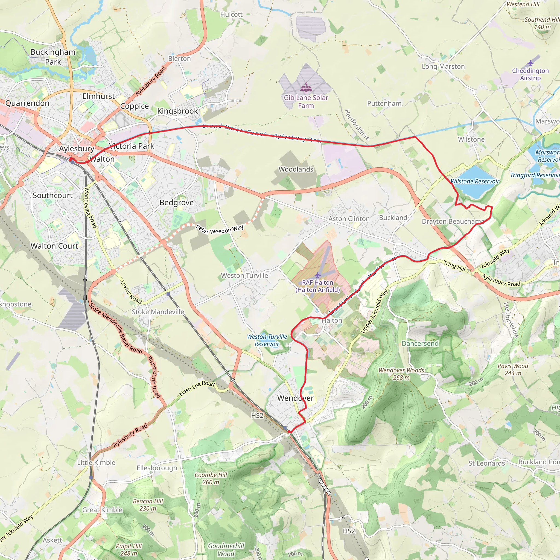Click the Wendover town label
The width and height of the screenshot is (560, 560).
tap(295, 398)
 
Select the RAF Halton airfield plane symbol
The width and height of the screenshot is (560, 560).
tap(318, 275)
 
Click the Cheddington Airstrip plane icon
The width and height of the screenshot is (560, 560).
tap(530, 63)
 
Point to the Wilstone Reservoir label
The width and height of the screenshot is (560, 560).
tap(475, 182)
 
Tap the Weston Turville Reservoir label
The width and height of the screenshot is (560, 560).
tap(267, 340)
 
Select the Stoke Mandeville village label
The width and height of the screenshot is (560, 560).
tap(158, 312)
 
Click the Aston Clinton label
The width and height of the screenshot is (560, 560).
tap(349, 219)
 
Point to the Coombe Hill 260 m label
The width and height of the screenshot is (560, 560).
tap(211, 479)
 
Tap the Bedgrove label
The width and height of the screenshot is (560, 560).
tap(177, 203)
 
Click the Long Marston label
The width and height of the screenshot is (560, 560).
tap(443, 67)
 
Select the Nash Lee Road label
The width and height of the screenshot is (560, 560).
tap(197, 388)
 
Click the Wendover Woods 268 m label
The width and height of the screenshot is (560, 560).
tap(401, 374)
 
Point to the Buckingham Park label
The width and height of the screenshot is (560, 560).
tap(53, 57)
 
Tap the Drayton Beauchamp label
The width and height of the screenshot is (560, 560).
tap(453, 222)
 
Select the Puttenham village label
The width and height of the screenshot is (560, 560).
tap(384, 104)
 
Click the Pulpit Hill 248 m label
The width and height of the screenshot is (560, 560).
tap(129, 550)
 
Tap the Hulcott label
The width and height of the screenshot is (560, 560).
tap(231, 14)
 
